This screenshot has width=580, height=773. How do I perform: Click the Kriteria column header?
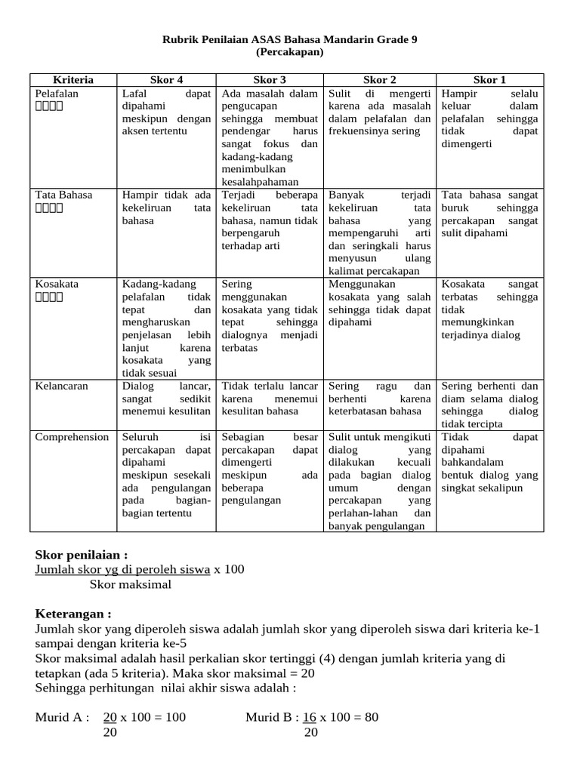pos(73,79)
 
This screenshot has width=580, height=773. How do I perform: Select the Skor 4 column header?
pos(166,79)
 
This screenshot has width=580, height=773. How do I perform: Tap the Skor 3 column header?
pos(270,79)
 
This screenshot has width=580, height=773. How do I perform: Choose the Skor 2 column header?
pos(380,79)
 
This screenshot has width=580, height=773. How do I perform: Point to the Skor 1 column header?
pos(489,79)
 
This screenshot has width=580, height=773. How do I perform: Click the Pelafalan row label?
pos(57,93)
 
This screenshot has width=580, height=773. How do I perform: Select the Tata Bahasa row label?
pos(63,194)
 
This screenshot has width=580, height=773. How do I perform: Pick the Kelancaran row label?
pos(62,385)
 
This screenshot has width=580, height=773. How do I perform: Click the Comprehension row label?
pos(72,436)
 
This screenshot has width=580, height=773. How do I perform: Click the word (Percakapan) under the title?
pos(290,52)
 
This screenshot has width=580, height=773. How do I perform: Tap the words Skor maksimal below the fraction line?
pos(131,584)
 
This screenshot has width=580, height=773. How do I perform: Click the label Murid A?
pos(63,716)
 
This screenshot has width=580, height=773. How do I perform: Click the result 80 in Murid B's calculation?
pos(371,716)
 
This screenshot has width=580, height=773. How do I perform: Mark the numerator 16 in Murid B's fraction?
pos(310,716)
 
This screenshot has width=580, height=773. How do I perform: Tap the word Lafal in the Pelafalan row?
pos(134,93)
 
